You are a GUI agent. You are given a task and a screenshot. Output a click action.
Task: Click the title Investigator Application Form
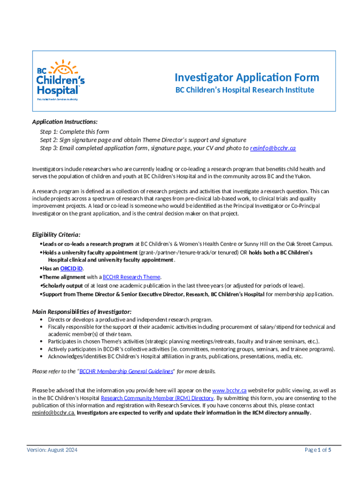(x=246, y=77)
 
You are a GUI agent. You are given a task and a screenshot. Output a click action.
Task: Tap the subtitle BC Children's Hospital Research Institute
(x=245, y=90)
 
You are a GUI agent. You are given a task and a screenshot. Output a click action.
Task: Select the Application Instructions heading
(x=65, y=122)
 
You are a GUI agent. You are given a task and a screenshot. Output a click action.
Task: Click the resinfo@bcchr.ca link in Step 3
(x=273, y=148)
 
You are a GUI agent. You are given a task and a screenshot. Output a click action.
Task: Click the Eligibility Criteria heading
(x=56, y=234)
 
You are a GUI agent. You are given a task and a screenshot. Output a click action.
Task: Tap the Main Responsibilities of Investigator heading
(x=81, y=312)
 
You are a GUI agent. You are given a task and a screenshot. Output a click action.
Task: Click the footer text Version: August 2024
(x=51, y=450)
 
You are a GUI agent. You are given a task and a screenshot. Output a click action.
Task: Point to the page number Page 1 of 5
(x=318, y=450)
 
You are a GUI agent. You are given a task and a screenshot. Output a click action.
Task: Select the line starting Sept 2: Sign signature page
(x=143, y=140)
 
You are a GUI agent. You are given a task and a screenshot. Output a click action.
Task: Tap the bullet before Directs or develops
(x=42, y=319)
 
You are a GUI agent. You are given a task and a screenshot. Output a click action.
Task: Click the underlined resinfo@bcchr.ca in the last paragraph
(x=53, y=413)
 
